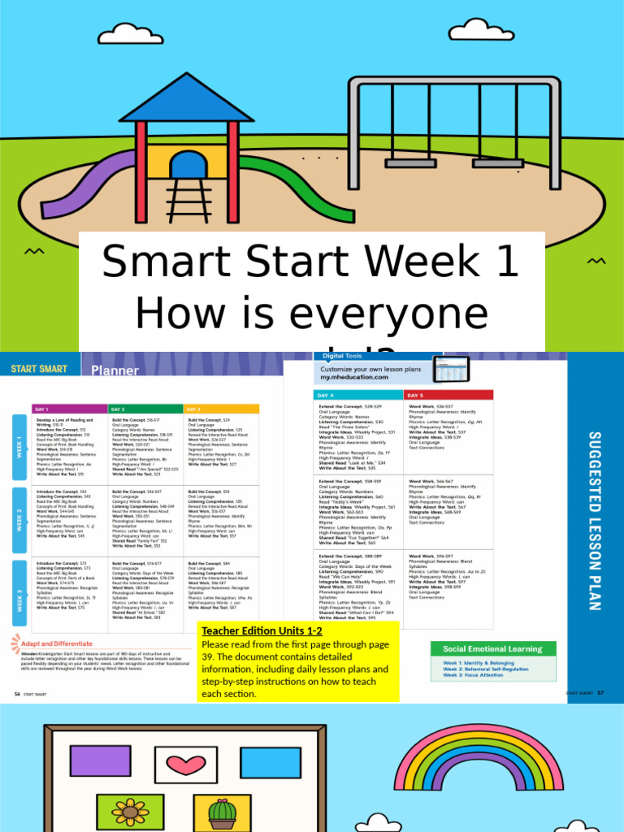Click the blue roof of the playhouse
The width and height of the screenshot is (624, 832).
tap(186, 99)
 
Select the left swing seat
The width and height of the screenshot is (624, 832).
tap(410, 162)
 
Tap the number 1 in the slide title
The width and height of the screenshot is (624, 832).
tap(505, 262)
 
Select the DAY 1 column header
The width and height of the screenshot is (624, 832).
tap(69, 409)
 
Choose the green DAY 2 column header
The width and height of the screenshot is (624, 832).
tap(145, 409)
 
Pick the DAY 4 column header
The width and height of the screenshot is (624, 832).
tap(358, 395)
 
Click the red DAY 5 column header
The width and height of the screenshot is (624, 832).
tap(448, 395)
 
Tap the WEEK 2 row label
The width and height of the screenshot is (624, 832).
tap(19, 516)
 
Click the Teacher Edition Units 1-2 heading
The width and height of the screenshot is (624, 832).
tap(262, 630)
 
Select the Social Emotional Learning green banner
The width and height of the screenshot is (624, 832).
tap(492, 648)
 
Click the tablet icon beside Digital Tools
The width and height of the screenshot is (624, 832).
tap(452, 370)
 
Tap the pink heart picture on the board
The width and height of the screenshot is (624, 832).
tap(186, 765)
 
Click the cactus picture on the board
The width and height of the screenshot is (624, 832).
tap(222, 812)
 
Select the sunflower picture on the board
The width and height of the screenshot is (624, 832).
tap(129, 812)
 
